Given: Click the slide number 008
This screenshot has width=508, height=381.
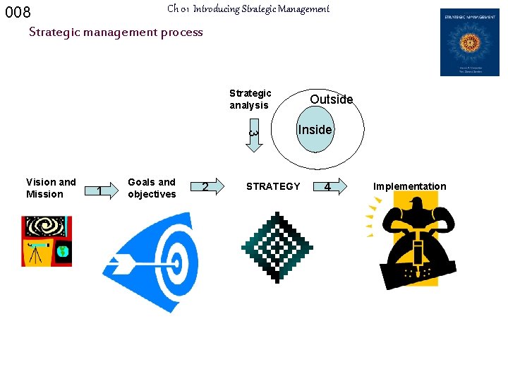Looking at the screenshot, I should pos(18,13).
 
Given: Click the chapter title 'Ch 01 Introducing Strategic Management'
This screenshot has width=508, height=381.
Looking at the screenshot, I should pos(248,9).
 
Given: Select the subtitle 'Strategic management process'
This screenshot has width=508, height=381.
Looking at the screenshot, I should pos(116,32).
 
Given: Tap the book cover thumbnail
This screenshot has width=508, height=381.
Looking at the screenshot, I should pos(469,42).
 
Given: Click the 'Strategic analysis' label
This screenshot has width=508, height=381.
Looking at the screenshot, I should pos(250,99).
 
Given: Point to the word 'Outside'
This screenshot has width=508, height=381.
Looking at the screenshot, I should pos(331,99).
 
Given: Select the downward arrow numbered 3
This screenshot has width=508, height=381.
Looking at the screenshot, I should pos(253,137).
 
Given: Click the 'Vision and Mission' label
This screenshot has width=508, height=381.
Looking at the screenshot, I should pos(50,188).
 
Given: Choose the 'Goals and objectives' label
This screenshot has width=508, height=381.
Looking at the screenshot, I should pos(152,188).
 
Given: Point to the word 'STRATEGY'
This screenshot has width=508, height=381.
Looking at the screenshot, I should pos(273,186).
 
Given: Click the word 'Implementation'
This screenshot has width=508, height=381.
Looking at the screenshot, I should pos(409,186).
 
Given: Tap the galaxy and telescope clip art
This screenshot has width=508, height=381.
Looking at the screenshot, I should pos(47,241).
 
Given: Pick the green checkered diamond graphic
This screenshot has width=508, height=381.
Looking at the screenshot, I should pos(277,246).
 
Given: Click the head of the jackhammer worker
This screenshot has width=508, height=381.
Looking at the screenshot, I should pos(416,205).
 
